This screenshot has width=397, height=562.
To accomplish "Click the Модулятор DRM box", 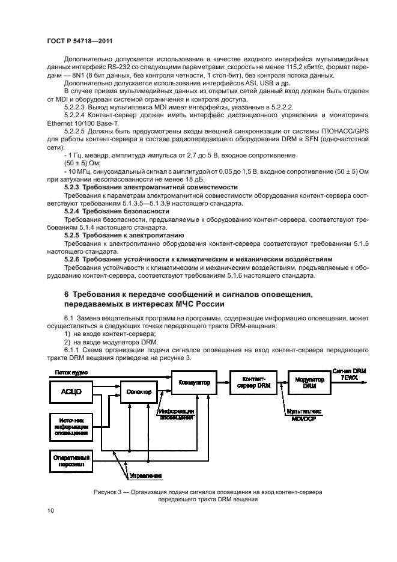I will tap(309, 382).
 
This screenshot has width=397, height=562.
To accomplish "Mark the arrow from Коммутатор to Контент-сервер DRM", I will tap(222, 382).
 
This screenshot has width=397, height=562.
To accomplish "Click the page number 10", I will tap(50, 511).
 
